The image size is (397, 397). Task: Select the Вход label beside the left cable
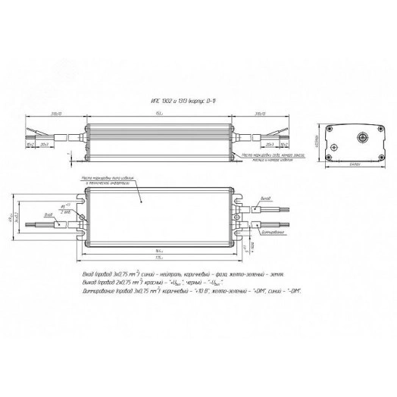coord(48,215)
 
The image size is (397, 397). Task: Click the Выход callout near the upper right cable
coord(264,198)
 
